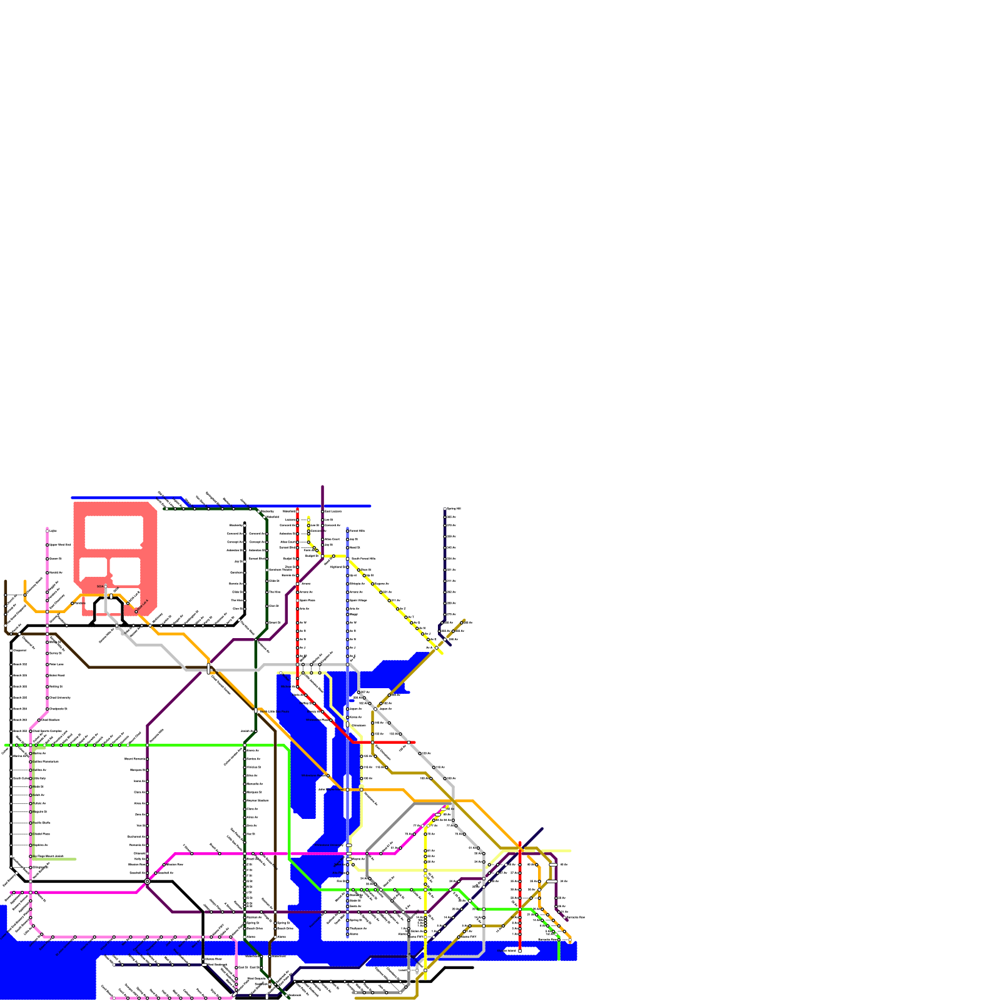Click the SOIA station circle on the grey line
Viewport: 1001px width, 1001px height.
pyautogui.click(x=106, y=587)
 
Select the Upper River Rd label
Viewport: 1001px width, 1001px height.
pyautogui.click(x=60, y=545)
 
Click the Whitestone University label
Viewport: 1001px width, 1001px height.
pyautogui.click(x=60, y=698)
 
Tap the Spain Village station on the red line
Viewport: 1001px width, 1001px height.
pyautogui.click(x=297, y=600)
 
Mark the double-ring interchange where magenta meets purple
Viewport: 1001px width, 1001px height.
pyautogui.click(x=147, y=882)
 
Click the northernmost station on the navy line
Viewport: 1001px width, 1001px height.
pyautogui.click(x=445, y=509)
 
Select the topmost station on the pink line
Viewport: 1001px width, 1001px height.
pyautogui.click(x=47, y=531)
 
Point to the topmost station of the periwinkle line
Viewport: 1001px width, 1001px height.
pyautogui.click(x=347, y=531)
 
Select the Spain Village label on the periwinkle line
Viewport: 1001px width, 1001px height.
pyautogui.click(x=358, y=600)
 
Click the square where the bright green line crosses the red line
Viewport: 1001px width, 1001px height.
pyautogui.click(x=519, y=909)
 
